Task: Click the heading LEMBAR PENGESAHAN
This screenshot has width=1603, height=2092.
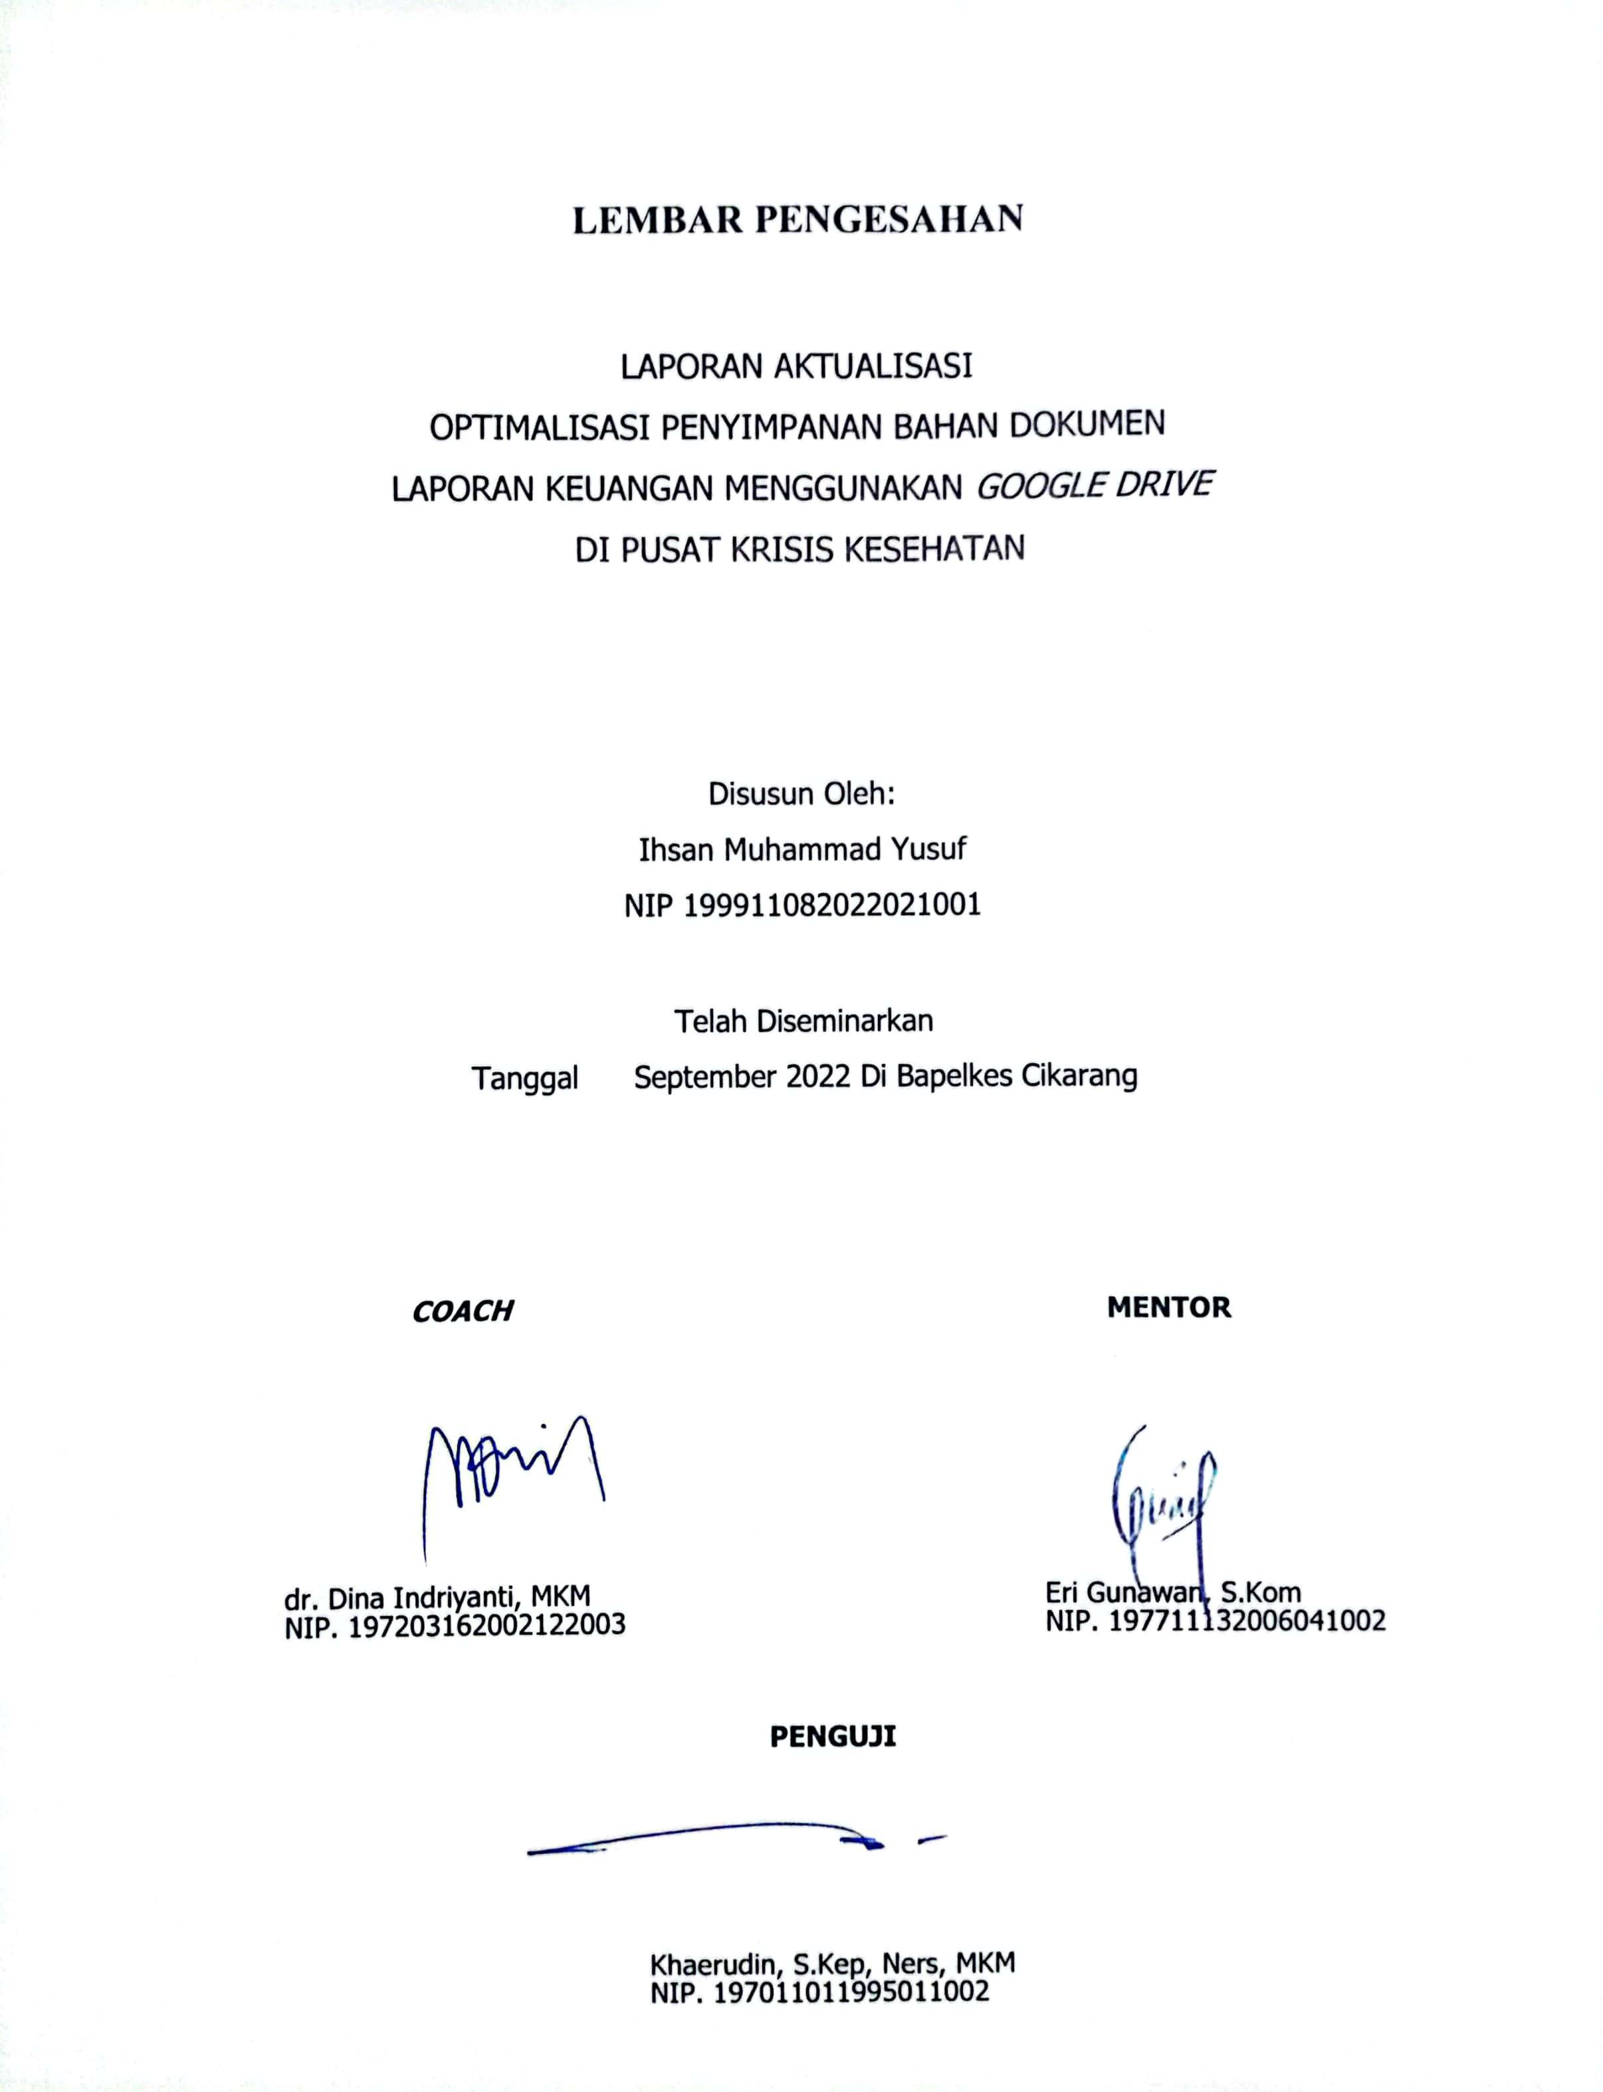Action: click(798, 219)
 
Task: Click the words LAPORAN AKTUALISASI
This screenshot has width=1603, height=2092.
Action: click(797, 366)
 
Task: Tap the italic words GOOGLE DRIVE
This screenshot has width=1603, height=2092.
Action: click(1095, 486)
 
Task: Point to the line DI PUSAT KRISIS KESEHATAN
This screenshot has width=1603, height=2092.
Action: click(800, 550)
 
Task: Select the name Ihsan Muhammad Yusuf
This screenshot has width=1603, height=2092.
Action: click(802, 849)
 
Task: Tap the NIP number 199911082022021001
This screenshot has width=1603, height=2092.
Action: click(832, 904)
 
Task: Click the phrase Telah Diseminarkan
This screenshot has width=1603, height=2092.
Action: click(803, 1021)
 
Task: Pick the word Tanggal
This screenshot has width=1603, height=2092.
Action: click(525, 1079)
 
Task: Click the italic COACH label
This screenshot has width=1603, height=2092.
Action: click(463, 1312)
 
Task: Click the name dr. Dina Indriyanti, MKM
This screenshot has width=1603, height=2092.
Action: click(437, 1597)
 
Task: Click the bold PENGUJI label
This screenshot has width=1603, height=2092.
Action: click(833, 1736)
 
